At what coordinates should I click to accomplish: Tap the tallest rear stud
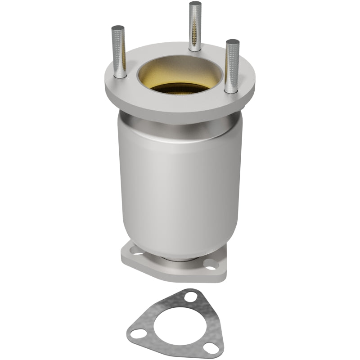(195, 27)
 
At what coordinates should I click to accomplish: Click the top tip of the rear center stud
(195, 4)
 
